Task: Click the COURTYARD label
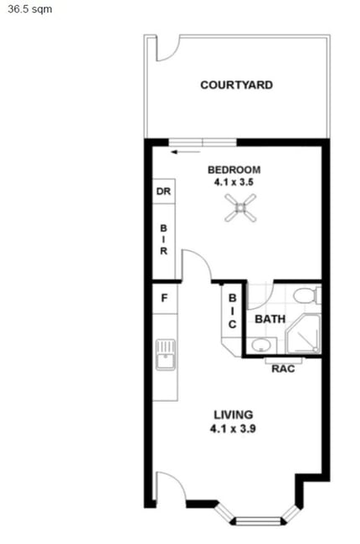236,85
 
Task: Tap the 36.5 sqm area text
30,8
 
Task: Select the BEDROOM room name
234,170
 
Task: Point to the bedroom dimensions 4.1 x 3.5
234,182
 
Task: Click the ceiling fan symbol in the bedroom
240,208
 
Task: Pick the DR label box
163,191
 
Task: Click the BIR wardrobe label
163,239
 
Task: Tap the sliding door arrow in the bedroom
186,151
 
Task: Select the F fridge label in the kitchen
165,298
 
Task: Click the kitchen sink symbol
166,355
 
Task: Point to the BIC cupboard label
232,310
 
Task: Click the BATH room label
270,319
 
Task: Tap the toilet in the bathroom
307,295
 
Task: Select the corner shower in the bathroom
303,334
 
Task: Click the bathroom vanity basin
261,345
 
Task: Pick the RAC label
283,368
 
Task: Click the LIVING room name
234,415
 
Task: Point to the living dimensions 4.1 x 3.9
233,429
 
